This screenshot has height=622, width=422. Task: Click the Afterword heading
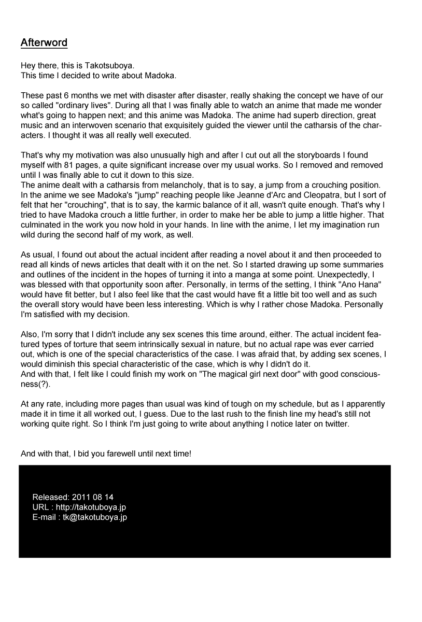pos(44,43)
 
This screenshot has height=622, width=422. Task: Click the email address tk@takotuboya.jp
pos(95,517)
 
